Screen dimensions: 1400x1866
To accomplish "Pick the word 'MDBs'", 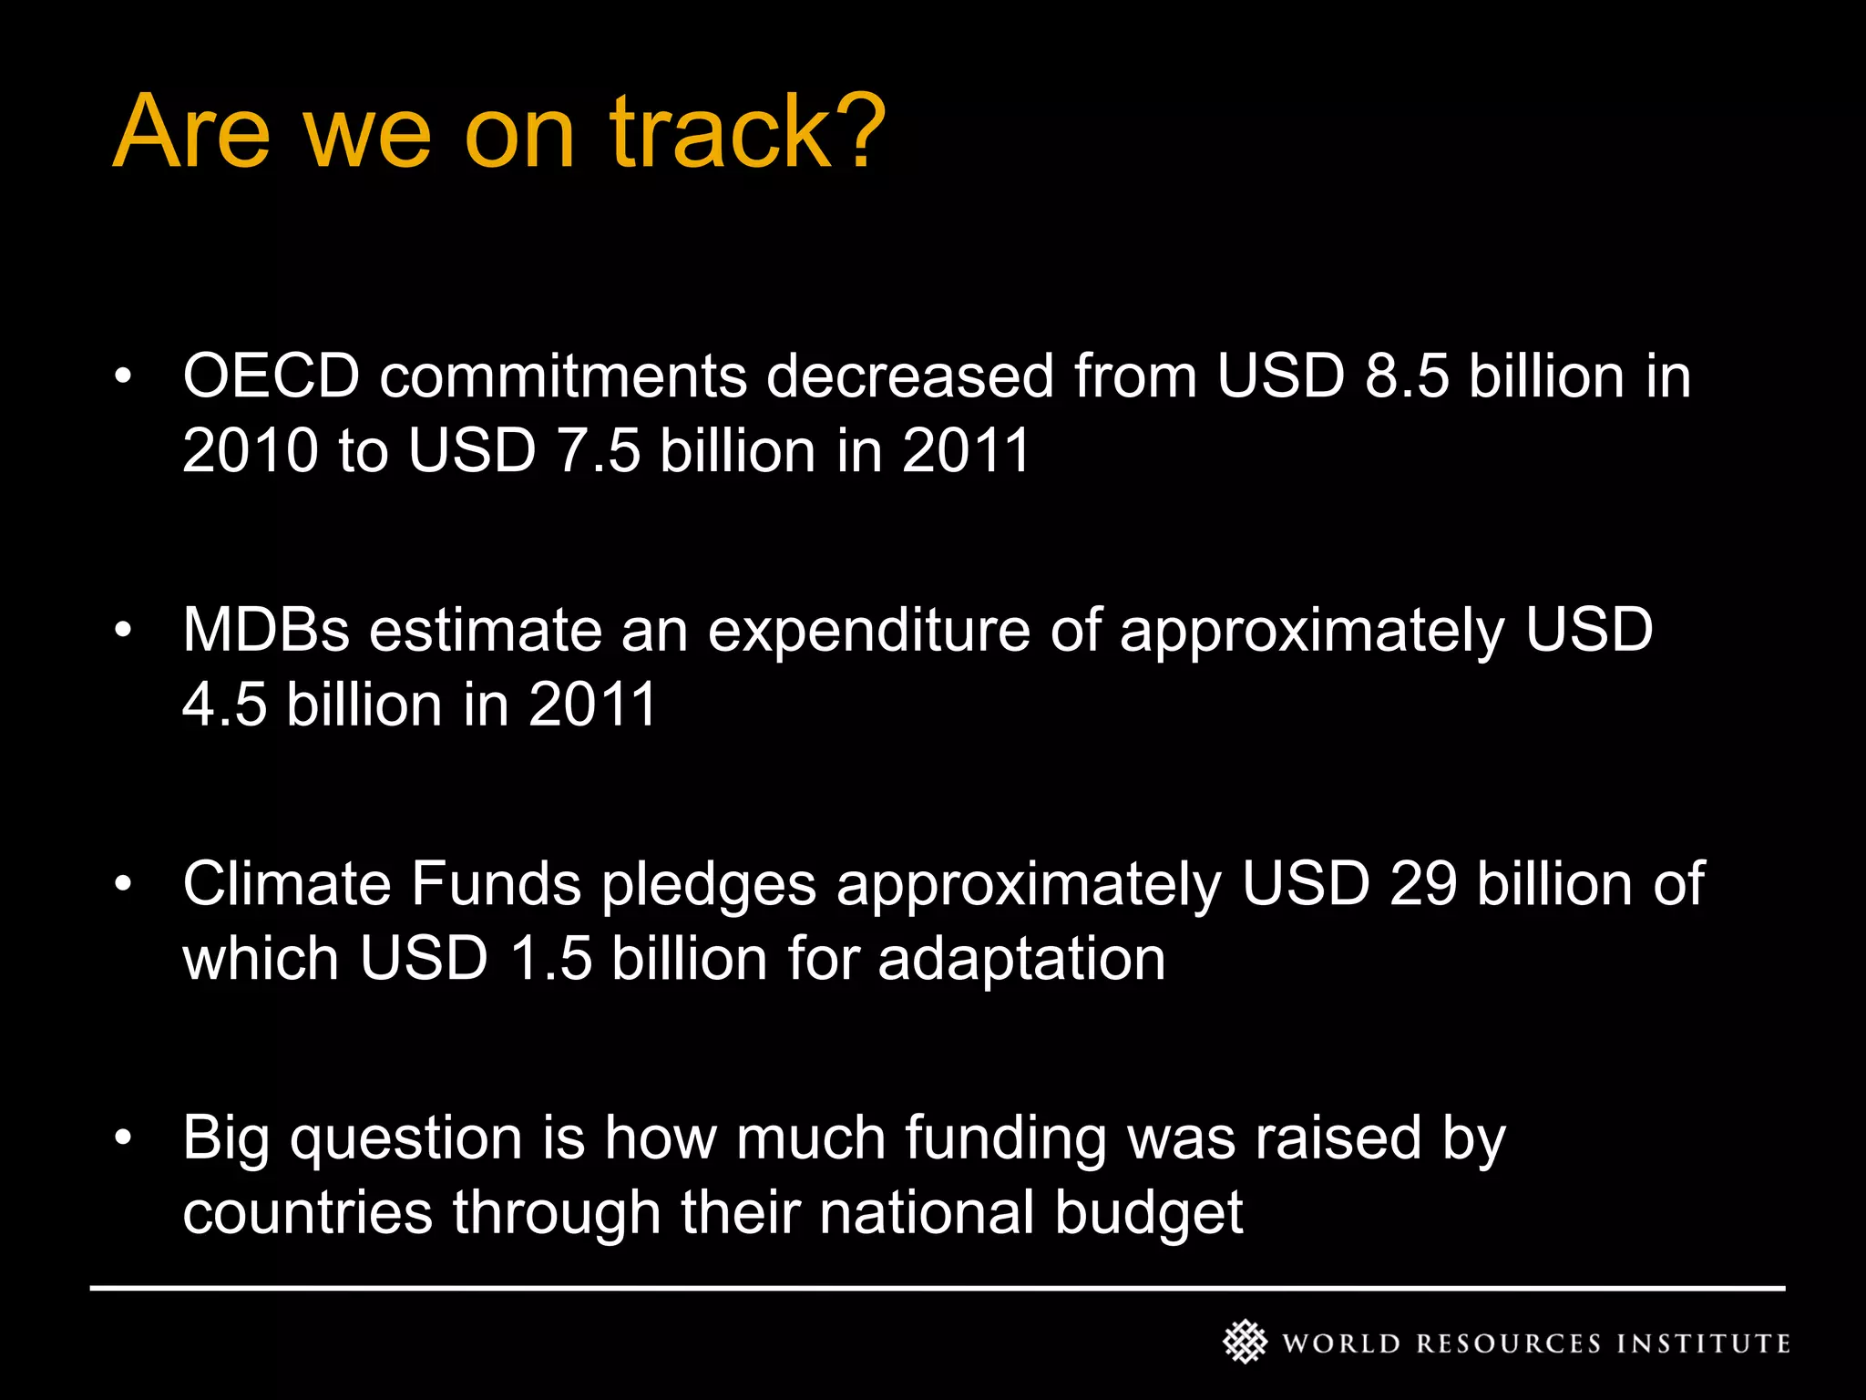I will (x=266, y=630).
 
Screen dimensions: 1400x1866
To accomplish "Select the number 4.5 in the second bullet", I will (x=224, y=705).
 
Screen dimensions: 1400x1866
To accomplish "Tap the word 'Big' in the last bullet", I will (x=226, y=1139).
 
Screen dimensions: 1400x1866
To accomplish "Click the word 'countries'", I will (x=307, y=1213).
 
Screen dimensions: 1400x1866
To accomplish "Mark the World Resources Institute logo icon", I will (x=1245, y=1342).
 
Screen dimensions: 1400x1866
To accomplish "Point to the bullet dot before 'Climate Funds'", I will (x=124, y=883).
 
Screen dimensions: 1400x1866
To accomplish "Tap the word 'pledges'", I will (x=708, y=885).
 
